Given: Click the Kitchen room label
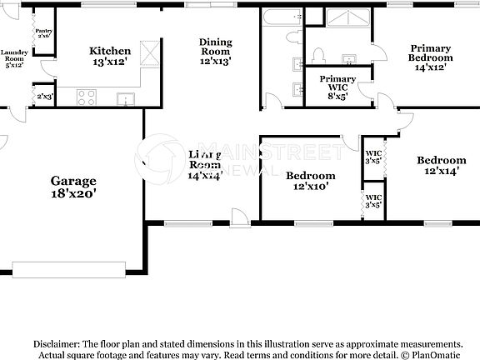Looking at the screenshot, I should (110, 51).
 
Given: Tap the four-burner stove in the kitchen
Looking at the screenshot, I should (87, 97).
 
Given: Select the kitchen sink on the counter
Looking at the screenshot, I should (125, 99).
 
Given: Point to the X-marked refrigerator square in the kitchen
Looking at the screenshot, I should (150, 53).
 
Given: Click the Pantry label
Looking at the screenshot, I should (43, 30).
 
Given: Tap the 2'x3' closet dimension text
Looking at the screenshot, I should (43, 97).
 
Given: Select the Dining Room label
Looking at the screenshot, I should (215, 51).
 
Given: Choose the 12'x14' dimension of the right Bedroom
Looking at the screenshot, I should (442, 172).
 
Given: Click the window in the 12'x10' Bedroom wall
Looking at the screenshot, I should (310, 223).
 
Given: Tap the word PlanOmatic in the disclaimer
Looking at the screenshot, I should (432, 354).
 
